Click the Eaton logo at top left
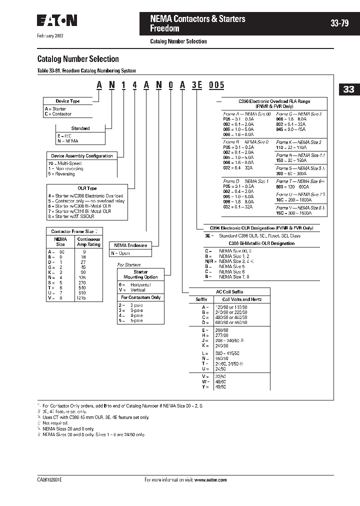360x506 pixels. click(x=57, y=20)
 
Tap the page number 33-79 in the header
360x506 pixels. click(x=339, y=23)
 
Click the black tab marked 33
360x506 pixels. click(x=348, y=89)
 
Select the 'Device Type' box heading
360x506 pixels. click(x=67, y=101)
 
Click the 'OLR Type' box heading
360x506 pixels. click(x=87, y=188)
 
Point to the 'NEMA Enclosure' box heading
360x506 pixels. click(x=130, y=245)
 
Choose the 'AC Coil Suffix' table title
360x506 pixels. click(x=229, y=291)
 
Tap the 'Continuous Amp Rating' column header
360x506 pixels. click(x=88, y=242)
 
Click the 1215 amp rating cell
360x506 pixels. click(x=82, y=297)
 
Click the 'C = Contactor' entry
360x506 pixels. click(x=58, y=114)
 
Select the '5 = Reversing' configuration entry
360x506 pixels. click(x=61, y=174)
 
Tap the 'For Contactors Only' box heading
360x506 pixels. click(x=141, y=297)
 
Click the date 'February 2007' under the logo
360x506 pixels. click(x=50, y=36)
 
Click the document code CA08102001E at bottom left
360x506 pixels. click(x=49, y=479)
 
